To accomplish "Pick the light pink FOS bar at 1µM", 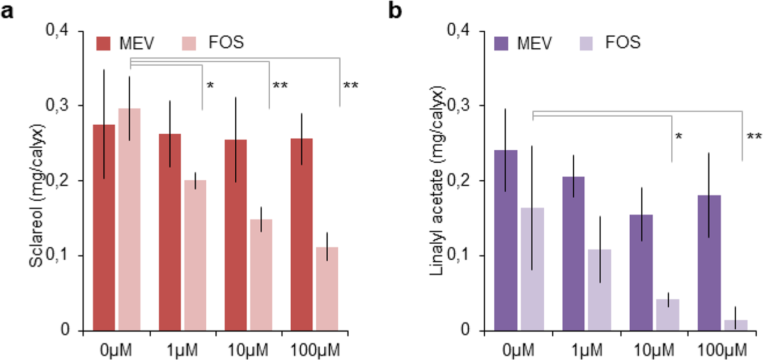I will [x=194, y=255].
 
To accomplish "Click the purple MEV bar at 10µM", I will [x=642, y=273].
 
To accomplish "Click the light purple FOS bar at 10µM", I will [x=668, y=315].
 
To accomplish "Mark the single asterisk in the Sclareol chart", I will [x=210, y=86].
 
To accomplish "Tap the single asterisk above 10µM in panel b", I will [x=679, y=136].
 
